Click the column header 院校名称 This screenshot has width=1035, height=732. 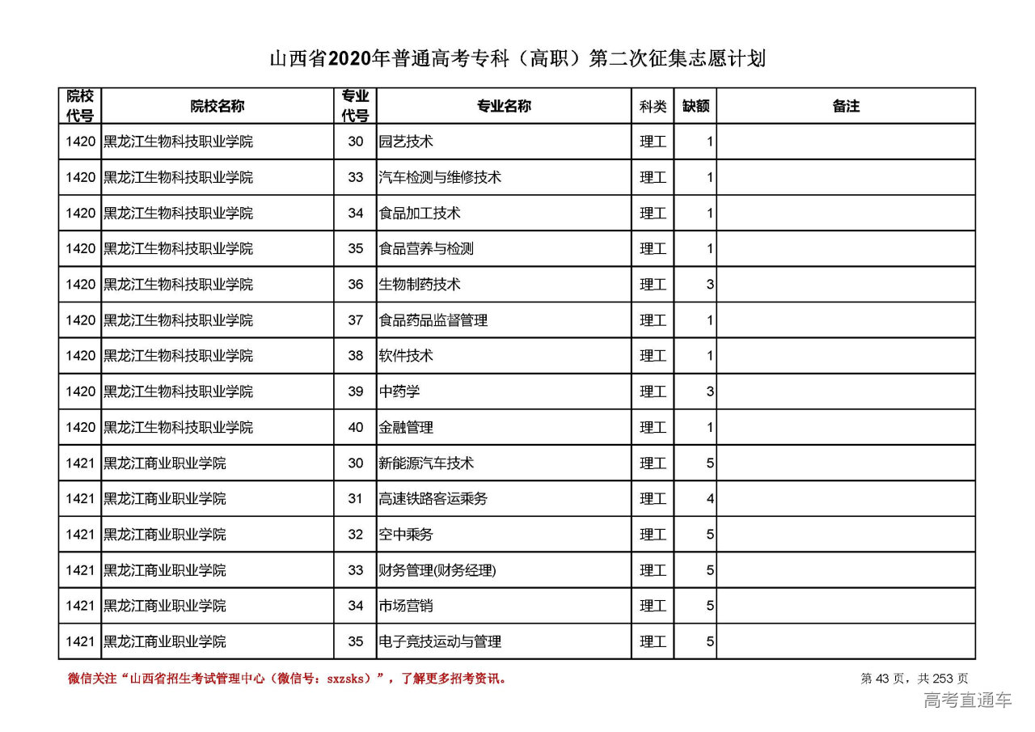[217, 106]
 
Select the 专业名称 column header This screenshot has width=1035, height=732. [504, 106]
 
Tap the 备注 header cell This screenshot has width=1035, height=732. [846, 106]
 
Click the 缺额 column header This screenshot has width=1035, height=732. [695, 106]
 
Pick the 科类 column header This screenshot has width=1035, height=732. [653, 106]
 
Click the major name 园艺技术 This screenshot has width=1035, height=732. [406, 142]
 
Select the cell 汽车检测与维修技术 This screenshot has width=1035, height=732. [440, 177]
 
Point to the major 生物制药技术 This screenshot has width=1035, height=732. [420, 285]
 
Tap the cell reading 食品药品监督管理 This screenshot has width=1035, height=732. [433, 320]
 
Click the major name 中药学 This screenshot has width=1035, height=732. [399, 391]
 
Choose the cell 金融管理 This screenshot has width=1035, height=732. [406, 427]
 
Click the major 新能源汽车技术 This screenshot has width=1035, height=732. [426, 463]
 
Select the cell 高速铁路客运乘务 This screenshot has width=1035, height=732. [433, 499]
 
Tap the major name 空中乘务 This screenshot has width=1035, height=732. [406, 535]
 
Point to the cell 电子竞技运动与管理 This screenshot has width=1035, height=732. [440, 641]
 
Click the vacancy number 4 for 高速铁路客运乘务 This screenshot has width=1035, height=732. [710, 499]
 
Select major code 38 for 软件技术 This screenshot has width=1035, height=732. [356, 356]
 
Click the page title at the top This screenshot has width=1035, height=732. [517, 59]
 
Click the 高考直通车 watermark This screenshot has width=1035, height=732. [967, 700]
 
